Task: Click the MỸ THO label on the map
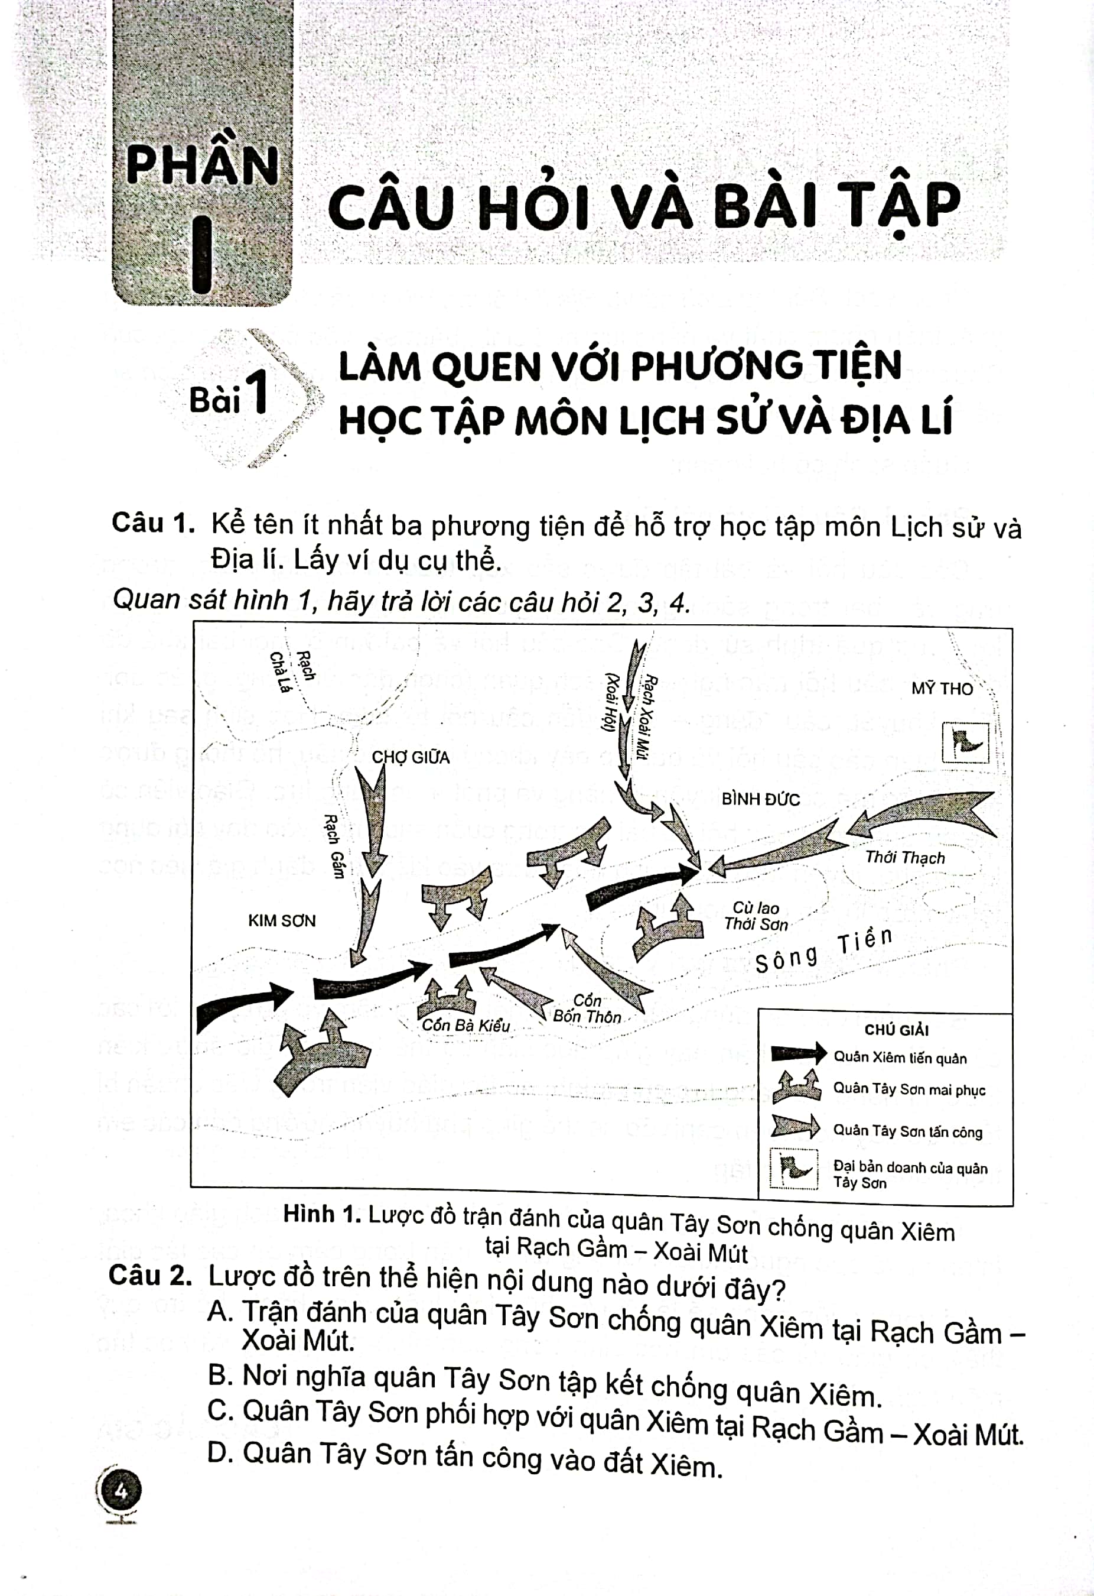(x=942, y=688)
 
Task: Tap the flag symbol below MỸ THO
(x=966, y=742)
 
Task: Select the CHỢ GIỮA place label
(x=411, y=757)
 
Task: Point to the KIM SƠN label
(x=281, y=920)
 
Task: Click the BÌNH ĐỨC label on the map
(x=760, y=799)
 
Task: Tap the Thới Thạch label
(x=904, y=857)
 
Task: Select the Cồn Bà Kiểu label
(x=465, y=1026)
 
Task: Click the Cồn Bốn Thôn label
(x=587, y=1009)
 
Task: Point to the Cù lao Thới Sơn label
(x=756, y=916)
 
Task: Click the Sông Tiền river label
(x=823, y=949)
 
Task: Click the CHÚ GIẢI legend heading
(x=896, y=1030)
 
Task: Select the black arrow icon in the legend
(x=798, y=1053)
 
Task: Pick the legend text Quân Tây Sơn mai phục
(x=909, y=1089)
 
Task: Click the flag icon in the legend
(x=794, y=1168)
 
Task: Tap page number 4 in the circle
(x=121, y=1491)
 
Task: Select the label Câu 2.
(x=149, y=1275)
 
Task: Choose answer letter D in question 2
(x=220, y=1452)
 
